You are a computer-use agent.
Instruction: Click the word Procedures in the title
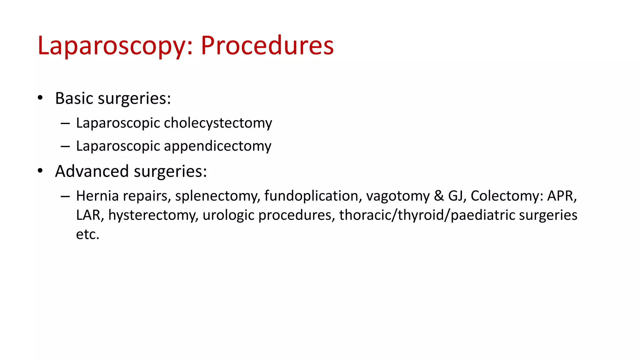[x=267, y=46]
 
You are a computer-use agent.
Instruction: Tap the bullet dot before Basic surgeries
[x=40, y=98]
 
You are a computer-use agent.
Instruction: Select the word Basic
[x=74, y=98]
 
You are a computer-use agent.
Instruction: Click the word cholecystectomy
[x=218, y=123]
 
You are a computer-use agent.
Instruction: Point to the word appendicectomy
[x=217, y=146]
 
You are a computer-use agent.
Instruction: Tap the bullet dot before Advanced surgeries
[x=40, y=171]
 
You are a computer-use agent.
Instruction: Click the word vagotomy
[x=398, y=196]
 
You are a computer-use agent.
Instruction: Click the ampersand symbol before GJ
[x=439, y=196]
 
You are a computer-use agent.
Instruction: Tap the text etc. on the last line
[x=87, y=234]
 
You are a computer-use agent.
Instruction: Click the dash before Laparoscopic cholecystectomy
[x=65, y=123]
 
